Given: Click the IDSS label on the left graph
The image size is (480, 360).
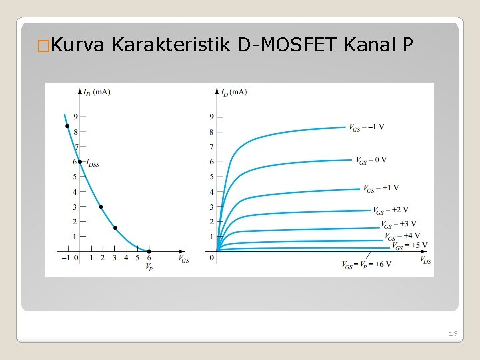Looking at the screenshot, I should [91, 162].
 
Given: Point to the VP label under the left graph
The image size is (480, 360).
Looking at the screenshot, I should [149, 268].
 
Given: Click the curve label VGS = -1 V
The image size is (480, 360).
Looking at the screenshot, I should [366, 127].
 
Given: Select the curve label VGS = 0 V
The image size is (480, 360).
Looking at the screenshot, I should [371, 160].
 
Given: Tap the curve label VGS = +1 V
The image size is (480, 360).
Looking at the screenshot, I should [381, 189].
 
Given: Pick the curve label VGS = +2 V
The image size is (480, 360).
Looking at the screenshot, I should [391, 210].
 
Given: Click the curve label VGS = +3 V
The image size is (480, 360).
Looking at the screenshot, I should [399, 224].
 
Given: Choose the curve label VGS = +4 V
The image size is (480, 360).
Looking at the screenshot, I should [402, 235].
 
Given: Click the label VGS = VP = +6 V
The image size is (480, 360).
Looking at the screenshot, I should [366, 265].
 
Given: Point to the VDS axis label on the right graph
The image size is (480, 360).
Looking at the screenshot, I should [425, 261].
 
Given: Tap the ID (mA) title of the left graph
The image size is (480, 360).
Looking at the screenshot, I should [97, 91].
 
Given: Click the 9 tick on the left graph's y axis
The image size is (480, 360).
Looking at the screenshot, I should [75, 116].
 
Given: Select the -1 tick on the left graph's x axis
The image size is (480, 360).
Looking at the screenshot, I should [65, 258].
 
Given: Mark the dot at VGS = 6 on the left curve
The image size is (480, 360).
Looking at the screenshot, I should [149, 251].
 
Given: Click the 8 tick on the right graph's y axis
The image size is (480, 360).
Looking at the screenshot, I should [211, 132].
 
